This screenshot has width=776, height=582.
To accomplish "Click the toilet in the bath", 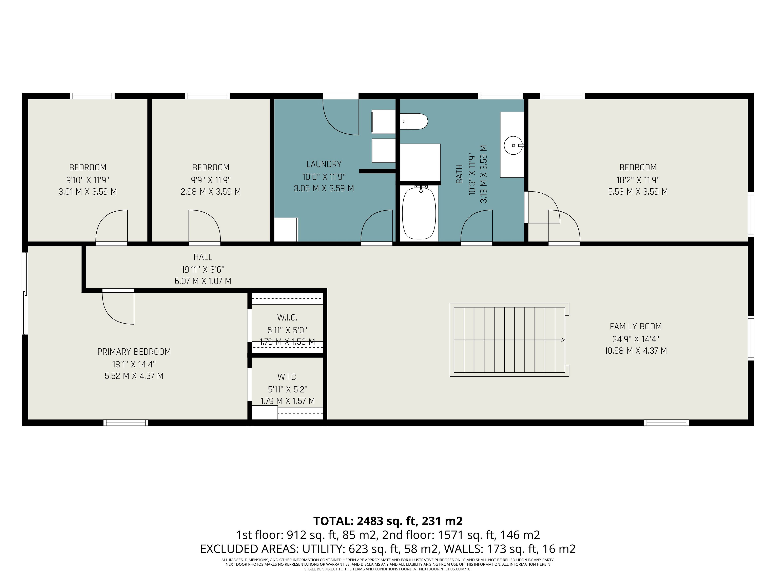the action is [x=414, y=121].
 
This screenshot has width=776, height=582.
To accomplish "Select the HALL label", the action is [x=203, y=257].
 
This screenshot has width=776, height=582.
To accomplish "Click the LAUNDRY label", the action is [x=324, y=164].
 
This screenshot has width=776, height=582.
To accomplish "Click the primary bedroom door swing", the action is [x=118, y=306].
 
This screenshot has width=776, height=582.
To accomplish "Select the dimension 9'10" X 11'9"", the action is [x=88, y=180].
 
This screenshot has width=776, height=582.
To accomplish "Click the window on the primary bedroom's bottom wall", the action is [x=125, y=423].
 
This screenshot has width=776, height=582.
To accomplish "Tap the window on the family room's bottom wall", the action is [x=666, y=423].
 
